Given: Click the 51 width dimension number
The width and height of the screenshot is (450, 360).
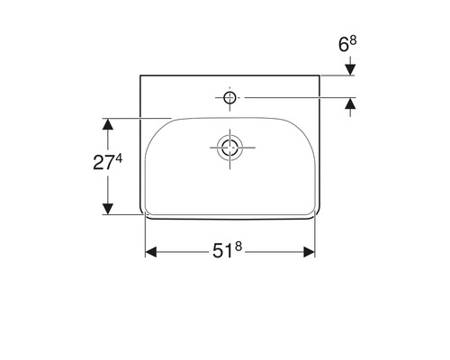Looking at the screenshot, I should tap(225, 253).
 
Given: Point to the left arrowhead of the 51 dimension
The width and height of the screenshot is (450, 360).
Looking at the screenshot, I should tap(151, 253).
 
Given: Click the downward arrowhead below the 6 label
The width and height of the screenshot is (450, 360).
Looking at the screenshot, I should tap(349, 68).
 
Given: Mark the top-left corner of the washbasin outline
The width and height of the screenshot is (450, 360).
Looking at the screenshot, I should tap(141, 76).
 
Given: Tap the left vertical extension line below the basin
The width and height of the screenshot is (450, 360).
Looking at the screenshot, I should tap(146, 238).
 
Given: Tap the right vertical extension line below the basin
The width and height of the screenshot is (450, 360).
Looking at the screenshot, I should tap(315, 238).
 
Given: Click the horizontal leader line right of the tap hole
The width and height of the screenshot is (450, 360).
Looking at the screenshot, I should tap(297, 96).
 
